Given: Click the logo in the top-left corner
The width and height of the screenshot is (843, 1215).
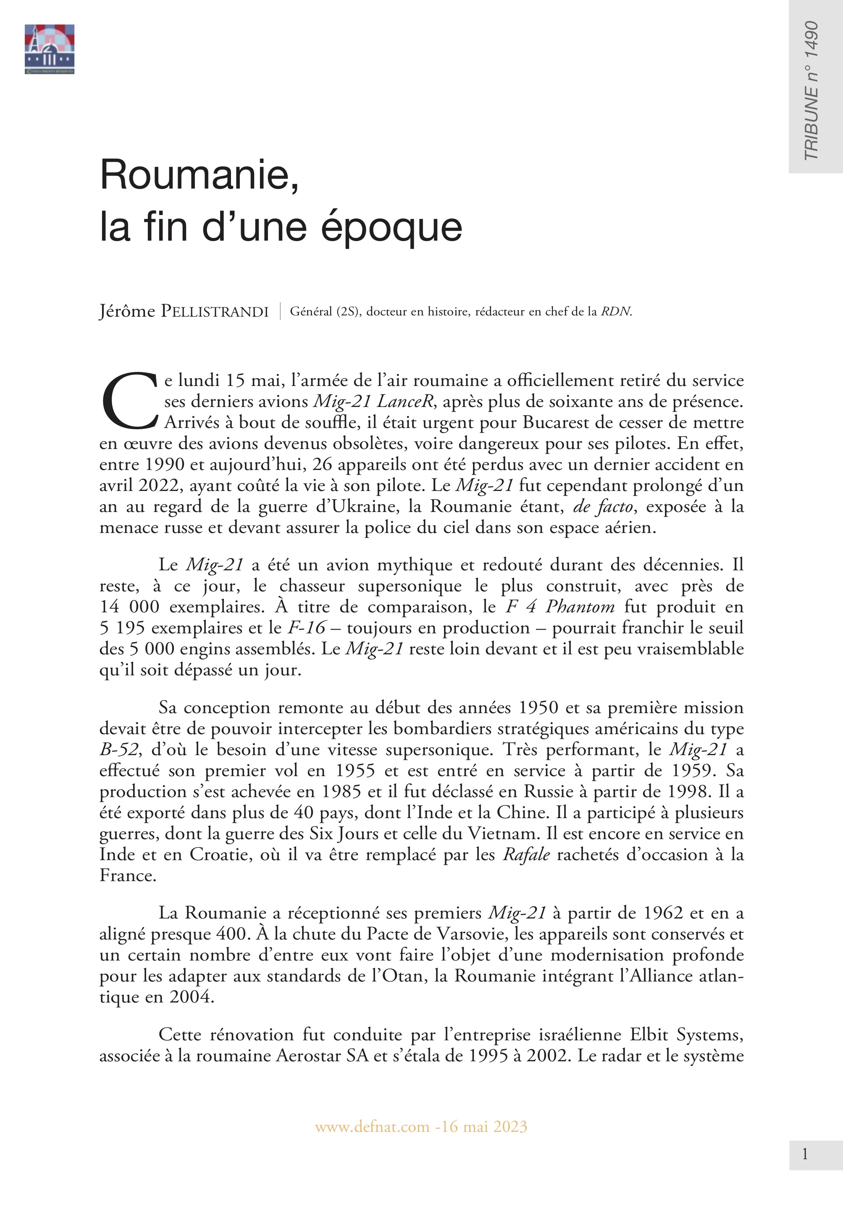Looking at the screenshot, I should (49, 49).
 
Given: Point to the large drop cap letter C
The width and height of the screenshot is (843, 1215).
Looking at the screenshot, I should (129, 401).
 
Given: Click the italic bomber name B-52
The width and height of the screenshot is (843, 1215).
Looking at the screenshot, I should (119, 749).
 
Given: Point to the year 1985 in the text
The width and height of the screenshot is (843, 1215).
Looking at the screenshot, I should (341, 792).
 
